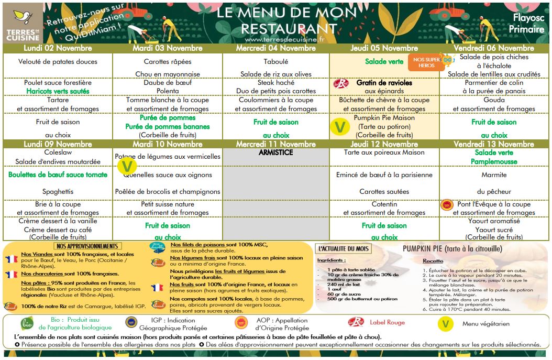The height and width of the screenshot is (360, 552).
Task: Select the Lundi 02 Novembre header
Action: [58, 48]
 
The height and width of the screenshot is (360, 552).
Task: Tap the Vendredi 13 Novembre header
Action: [493, 144]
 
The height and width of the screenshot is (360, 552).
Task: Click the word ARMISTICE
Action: [275, 152]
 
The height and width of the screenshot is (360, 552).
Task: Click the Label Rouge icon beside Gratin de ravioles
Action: [341, 83]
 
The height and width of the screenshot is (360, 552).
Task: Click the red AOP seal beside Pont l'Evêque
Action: [447, 205]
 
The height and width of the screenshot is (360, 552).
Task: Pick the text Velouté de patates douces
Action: [58, 62]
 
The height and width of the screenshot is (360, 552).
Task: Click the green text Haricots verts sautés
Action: [58, 91]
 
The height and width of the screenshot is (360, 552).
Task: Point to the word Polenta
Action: [168, 91]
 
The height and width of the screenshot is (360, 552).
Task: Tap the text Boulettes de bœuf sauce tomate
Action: [58, 174]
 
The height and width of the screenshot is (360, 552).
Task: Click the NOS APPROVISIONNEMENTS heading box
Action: [87, 246]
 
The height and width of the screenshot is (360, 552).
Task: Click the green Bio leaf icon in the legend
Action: [27, 323]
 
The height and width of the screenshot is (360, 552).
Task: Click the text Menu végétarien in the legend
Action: [485, 324]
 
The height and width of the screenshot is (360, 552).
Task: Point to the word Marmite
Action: [493, 174]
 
